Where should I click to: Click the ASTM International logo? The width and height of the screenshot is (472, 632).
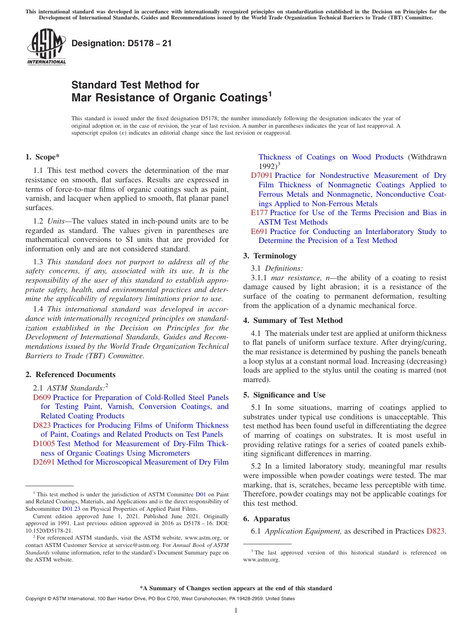point(46,47)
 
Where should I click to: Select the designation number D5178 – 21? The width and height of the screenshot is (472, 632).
point(122,43)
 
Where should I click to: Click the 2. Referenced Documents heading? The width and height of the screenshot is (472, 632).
point(70,375)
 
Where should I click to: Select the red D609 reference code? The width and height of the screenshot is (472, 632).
point(42,397)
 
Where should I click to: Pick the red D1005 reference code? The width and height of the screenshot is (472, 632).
point(44,444)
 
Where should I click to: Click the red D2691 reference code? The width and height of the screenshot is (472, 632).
point(44,462)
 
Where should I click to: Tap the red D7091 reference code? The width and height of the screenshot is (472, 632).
point(261,175)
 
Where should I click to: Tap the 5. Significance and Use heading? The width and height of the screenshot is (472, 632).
point(284,395)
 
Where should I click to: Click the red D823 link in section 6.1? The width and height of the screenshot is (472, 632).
point(435,531)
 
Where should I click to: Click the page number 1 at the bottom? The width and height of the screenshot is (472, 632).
point(236,611)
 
